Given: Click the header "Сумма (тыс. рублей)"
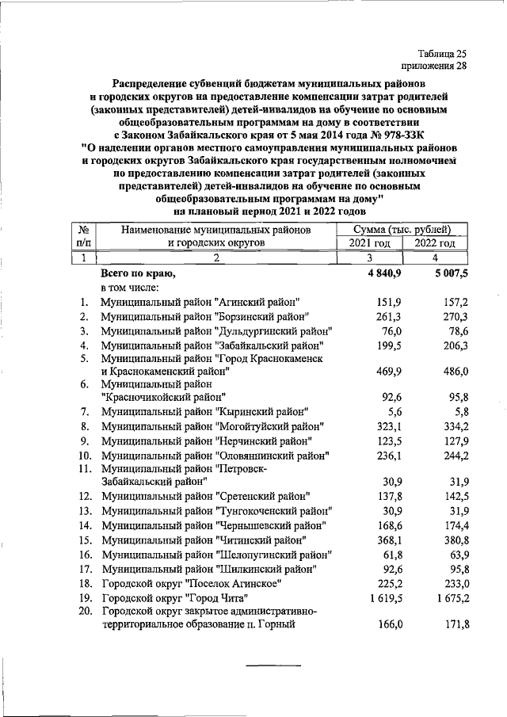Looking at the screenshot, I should [401, 229].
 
